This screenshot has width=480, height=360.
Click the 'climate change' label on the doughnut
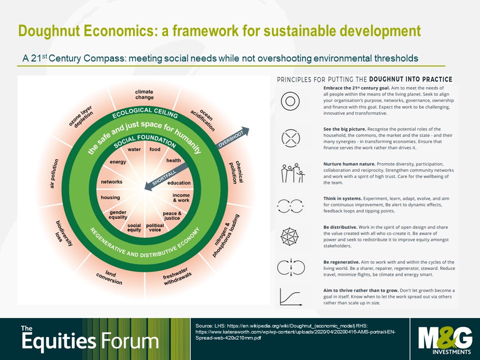pyautogui.click(x=144, y=94)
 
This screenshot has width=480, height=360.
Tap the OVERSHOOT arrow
pyautogui.click(x=232, y=137)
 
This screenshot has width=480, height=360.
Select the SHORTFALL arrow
pyautogui.click(x=166, y=176)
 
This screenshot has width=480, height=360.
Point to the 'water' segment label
pyautogui.click(x=134, y=149)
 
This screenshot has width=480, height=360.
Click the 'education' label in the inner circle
pyautogui.click(x=179, y=183)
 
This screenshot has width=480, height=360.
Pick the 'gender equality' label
pyautogui.click(x=118, y=214)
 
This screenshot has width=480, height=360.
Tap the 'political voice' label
pyautogui.click(x=155, y=227)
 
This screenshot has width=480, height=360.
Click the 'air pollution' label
pyautogui.click(x=54, y=173)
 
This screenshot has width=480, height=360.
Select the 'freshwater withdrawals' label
pyautogui.click(x=177, y=276)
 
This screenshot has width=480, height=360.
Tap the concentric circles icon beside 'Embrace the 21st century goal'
pyautogui.click(x=290, y=101)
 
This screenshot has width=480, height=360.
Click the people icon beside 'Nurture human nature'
pyautogui.click(x=293, y=173)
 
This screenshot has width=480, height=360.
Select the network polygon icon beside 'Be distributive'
pyautogui.click(x=289, y=236)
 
